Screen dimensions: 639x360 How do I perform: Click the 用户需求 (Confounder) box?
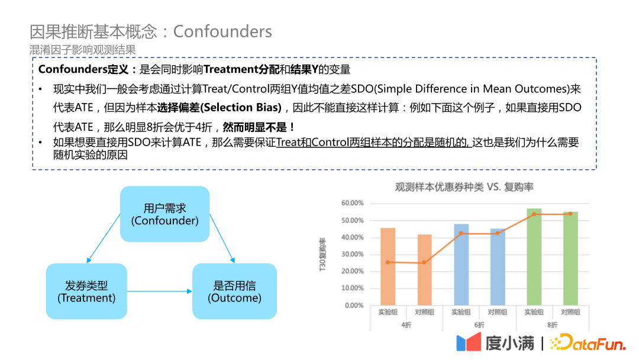point(164,214)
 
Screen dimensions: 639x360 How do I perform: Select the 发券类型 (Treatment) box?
point(86,291)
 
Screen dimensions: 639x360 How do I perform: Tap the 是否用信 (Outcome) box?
point(234,291)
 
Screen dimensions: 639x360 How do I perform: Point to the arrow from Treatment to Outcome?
point(160,291)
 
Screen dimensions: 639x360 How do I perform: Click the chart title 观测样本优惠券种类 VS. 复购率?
point(464,187)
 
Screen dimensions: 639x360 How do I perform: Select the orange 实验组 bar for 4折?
point(388,266)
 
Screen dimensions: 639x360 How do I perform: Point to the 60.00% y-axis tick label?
point(353,203)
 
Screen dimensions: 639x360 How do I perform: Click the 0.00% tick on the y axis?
point(354,306)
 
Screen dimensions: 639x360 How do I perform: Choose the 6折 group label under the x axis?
point(479,325)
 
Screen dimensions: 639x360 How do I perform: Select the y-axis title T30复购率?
point(322,254)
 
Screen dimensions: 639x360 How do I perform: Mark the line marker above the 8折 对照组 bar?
point(570,214)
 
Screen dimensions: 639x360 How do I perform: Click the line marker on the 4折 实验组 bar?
point(388,262)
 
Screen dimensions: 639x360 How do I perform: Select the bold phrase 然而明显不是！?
point(259,127)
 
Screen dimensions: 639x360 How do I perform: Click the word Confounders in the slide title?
point(222,31)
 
